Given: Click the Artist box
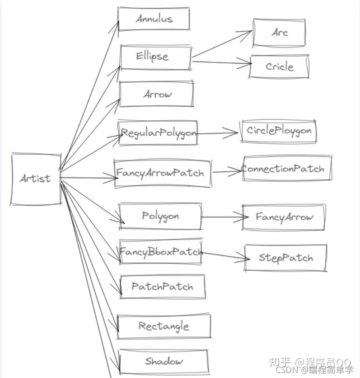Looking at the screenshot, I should click(36, 179).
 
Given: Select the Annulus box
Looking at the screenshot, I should click(154, 19).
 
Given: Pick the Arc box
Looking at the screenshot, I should click(279, 33).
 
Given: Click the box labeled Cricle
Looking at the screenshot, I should click(280, 66).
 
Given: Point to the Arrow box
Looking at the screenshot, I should click(156, 94).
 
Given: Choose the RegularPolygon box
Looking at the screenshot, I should click(158, 132).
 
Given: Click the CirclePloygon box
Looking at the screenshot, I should click(279, 131).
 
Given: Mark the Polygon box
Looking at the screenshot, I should click(160, 216).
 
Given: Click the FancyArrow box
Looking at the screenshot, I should click(284, 217).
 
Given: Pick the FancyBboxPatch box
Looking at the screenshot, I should click(160, 251).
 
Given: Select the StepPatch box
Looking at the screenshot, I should click(285, 258).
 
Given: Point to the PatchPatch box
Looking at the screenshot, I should click(162, 286).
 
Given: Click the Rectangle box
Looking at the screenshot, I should click(164, 326).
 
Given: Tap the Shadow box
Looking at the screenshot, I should click(164, 361).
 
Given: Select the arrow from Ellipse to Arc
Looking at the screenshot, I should click(221, 45).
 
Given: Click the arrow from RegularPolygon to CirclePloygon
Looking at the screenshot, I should click(217, 133).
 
